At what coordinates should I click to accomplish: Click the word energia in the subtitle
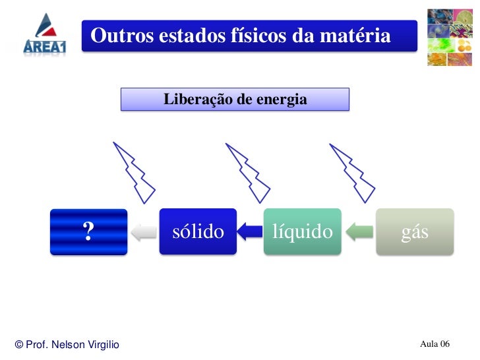coord(283,100)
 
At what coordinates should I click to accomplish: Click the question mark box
coord(89,231)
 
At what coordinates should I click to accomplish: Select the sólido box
coord(198,231)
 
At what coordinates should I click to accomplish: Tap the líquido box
coord(303,231)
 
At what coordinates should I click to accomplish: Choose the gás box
coord(415,231)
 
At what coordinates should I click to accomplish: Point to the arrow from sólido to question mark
coord(143,231)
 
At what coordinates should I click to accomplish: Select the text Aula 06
coord(435,344)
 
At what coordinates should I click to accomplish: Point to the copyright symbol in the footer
coord(19,345)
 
